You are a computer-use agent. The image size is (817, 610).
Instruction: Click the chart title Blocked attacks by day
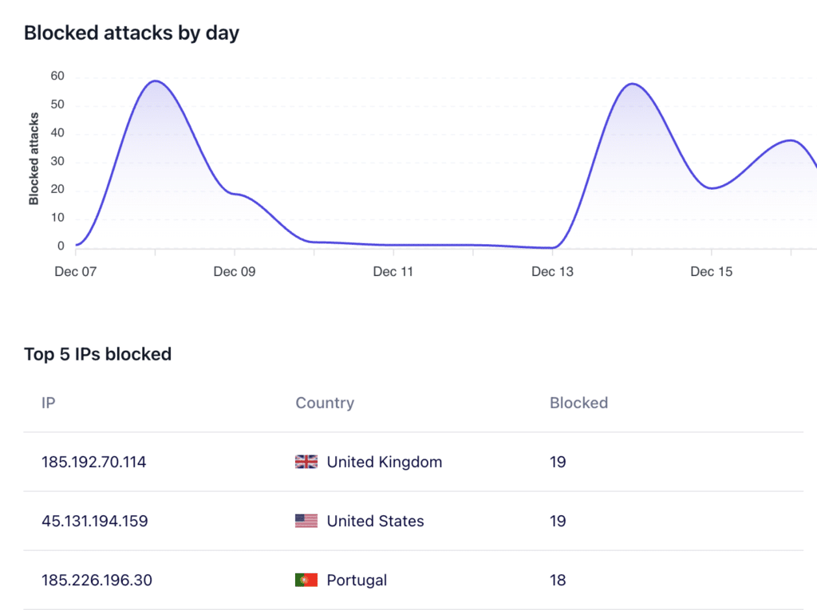pyautogui.click(x=132, y=33)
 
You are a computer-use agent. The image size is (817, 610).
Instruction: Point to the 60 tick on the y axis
pyautogui.click(x=57, y=77)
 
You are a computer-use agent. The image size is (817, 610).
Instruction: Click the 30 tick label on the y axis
pyautogui.click(x=57, y=162)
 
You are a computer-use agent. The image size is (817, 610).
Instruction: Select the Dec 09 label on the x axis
pyautogui.click(x=235, y=272)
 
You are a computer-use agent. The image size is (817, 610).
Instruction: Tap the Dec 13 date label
pyautogui.click(x=552, y=272)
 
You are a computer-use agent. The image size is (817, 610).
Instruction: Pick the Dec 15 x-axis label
pyautogui.click(x=711, y=272)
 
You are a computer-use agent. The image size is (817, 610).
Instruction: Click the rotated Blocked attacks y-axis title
pyautogui.click(x=34, y=159)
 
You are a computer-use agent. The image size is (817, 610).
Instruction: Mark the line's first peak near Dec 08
pyautogui.click(x=155, y=81)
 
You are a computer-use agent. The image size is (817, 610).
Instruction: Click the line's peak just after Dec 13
pyautogui.click(x=632, y=84)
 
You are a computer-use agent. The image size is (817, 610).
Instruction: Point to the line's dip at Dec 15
pyautogui.click(x=711, y=188)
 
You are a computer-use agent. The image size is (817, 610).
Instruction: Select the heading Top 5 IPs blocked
pyautogui.click(x=97, y=354)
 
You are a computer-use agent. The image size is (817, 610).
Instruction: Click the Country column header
pyautogui.click(x=325, y=403)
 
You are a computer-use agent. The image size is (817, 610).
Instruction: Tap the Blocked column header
pyautogui.click(x=578, y=403)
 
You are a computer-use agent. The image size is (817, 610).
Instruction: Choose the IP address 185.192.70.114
pyautogui.click(x=94, y=462)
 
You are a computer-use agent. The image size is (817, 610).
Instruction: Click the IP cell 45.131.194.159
pyautogui.click(x=95, y=521)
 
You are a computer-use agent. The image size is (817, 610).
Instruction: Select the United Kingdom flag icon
pyautogui.click(x=306, y=462)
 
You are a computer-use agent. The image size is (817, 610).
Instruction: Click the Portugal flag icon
pyautogui.click(x=306, y=580)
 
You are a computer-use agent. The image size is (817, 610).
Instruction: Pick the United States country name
pyautogui.click(x=375, y=521)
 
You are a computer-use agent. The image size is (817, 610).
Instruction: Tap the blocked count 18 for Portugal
pyautogui.click(x=558, y=580)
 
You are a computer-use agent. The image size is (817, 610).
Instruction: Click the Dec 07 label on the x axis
pyautogui.click(x=75, y=272)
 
